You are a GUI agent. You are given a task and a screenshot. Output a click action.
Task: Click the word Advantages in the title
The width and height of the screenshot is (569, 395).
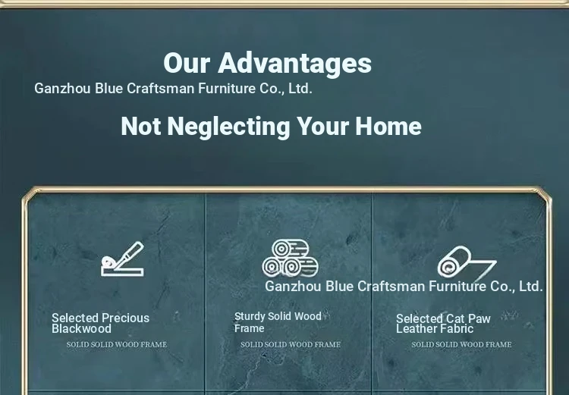click(294, 63)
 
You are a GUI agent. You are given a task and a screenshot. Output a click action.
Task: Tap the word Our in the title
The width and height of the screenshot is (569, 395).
click(187, 63)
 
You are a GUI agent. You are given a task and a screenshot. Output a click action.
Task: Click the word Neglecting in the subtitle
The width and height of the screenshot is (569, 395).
click(228, 127)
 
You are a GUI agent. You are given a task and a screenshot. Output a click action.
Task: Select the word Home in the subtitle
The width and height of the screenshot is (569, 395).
click(388, 126)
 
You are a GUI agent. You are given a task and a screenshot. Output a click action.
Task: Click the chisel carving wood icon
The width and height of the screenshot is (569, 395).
click(122, 259)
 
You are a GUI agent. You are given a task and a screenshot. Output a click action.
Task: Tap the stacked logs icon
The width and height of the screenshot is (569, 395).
click(291, 258)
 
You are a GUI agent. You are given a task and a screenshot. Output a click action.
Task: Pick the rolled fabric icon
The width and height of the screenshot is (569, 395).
click(467, 262)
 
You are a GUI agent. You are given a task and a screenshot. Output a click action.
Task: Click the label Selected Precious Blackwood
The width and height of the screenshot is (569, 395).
click(100, 323)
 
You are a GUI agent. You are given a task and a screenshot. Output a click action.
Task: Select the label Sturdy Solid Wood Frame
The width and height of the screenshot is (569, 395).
click(278, 322)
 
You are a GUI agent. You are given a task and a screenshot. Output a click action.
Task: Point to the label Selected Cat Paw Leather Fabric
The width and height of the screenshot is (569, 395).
click(443, 324)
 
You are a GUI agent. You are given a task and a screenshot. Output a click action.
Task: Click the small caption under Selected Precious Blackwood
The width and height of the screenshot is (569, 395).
click(117, 344)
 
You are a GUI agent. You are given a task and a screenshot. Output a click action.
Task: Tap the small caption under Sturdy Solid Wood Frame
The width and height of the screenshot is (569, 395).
click(291, 344)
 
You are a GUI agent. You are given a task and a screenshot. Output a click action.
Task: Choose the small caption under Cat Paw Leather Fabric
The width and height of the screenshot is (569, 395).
click(461, 344)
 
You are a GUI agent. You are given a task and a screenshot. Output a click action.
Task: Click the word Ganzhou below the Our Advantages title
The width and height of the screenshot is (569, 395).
click(62, 89)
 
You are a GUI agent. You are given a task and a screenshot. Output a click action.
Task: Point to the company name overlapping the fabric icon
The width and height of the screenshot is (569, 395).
click(404, 287)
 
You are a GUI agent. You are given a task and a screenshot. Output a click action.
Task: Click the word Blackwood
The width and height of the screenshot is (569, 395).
click(81, 329)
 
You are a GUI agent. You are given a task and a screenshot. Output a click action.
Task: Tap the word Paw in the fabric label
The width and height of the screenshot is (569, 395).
click(479, 319)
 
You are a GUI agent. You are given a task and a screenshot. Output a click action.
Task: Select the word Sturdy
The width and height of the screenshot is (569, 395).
click(250, 317)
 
